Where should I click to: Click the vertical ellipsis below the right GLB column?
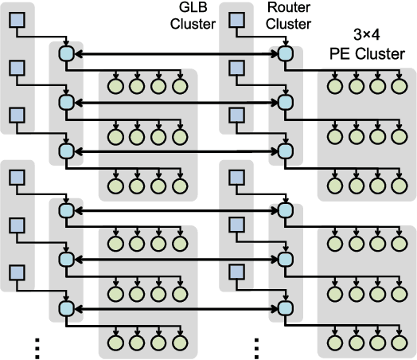point(256,346)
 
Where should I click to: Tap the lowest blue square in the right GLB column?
point(235,273)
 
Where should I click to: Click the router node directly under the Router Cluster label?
point(283,54)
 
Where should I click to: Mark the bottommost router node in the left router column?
point(66,308)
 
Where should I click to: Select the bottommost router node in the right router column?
point(283,308)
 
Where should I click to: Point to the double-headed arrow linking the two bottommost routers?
point(174,308)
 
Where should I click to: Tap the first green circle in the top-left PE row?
point(116,85)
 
